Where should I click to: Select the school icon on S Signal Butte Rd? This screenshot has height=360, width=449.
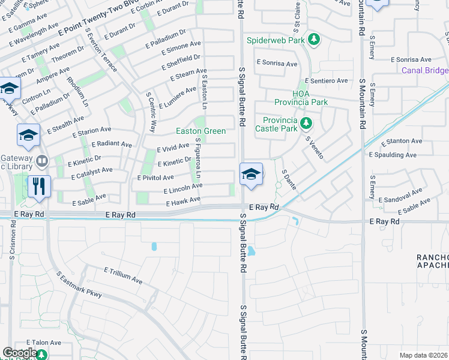coord(251,174)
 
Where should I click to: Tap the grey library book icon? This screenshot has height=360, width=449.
coord(42,161)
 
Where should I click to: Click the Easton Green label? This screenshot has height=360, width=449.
coord(200,131)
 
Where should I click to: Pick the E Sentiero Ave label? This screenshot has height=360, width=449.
coord(326,80)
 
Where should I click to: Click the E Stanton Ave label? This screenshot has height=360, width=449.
coord(401,141)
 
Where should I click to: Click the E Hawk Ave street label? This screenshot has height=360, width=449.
coord(183,200)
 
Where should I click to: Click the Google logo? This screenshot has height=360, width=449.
coord(20,353)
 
